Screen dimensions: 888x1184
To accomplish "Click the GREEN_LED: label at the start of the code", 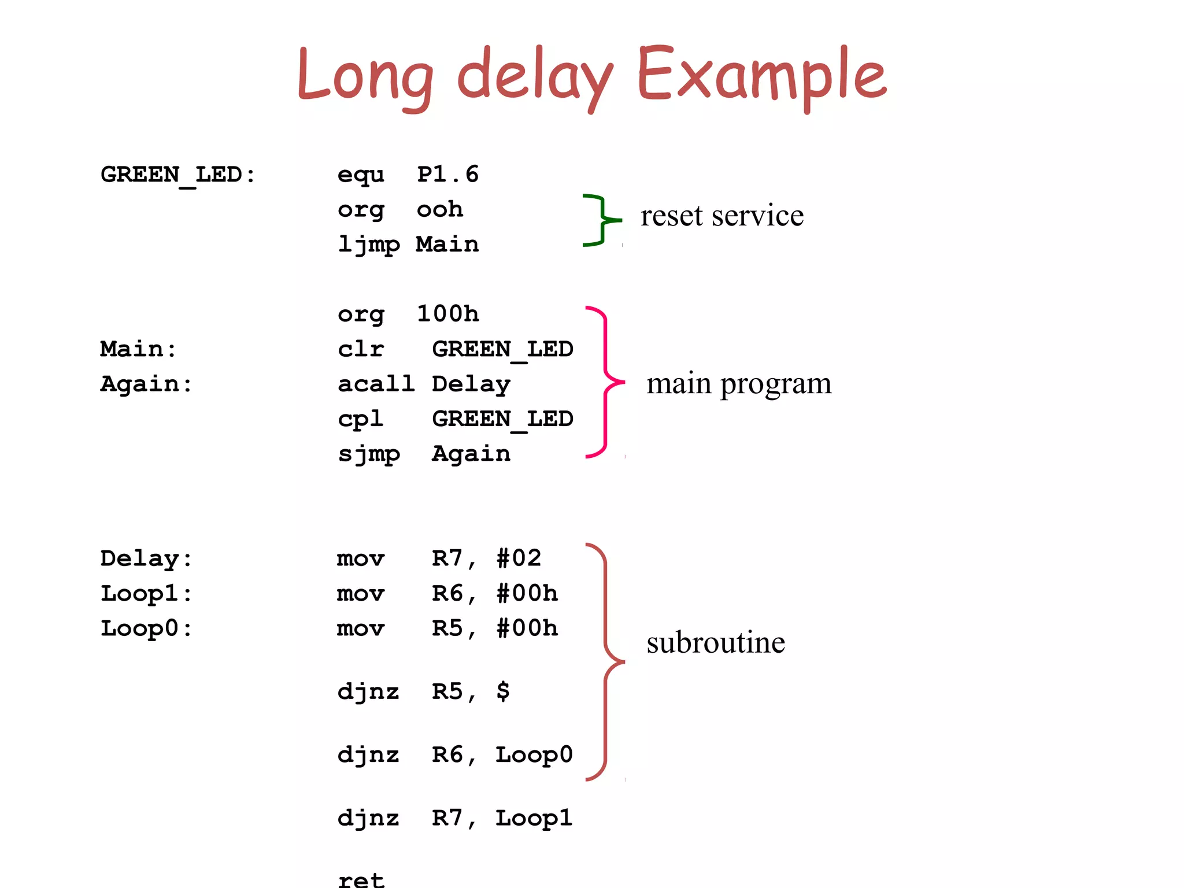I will click(178, 175).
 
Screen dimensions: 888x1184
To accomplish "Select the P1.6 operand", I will click(448, 175).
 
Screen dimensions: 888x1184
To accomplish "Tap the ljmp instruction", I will click(368, 245).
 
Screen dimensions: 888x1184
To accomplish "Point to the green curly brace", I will click(601, 220).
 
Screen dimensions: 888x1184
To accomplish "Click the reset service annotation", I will click(721, 216).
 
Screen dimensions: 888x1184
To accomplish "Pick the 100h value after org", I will click(448, 314).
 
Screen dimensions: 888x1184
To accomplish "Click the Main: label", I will click(138, 349).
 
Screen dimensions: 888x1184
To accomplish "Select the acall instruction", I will click(376, 384).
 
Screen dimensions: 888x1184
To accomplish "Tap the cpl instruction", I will click(360, 419).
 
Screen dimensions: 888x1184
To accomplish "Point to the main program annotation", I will click(738, 384).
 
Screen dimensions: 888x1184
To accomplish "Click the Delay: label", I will click(146, 558).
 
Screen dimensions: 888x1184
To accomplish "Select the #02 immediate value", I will click(519, 558).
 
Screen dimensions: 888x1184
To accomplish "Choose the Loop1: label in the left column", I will click(146, 594).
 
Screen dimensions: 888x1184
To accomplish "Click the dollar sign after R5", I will click(503, 691).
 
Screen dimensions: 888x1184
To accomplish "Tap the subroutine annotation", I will click(715, 643).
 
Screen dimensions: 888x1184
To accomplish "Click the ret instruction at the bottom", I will click(361, 879).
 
